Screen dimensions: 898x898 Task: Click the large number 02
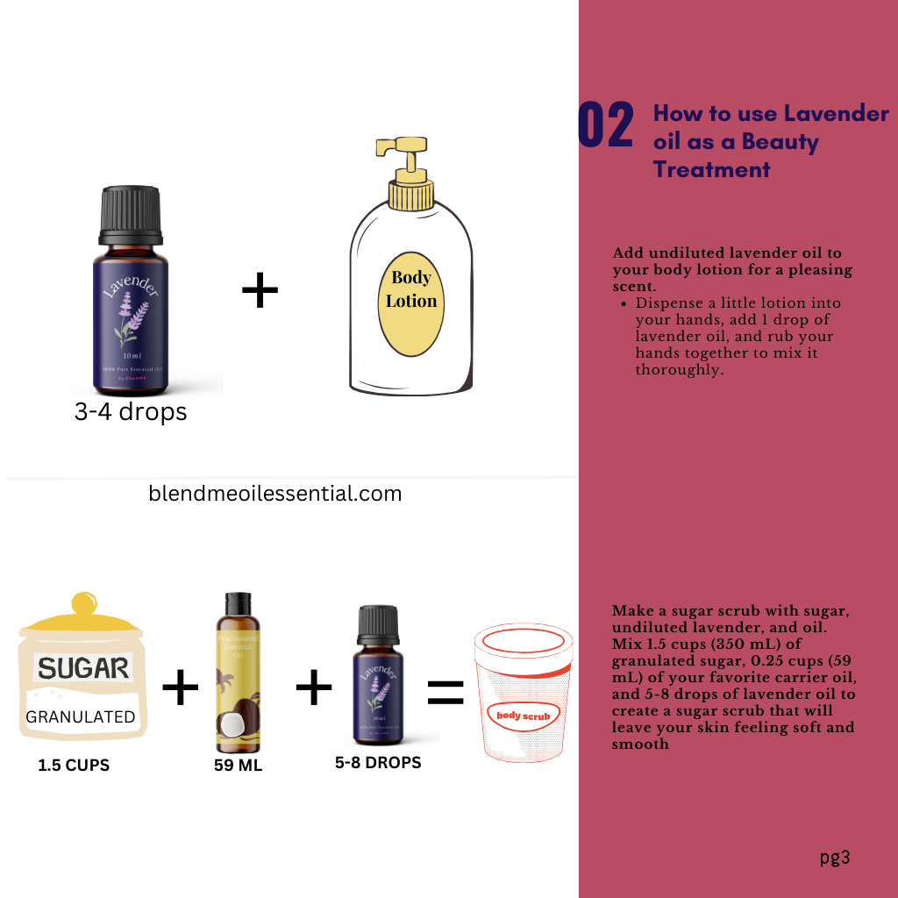605,125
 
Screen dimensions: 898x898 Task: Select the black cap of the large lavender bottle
130,215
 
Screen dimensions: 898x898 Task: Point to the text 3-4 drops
131,411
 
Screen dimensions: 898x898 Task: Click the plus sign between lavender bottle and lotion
260,290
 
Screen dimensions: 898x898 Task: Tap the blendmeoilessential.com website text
275,494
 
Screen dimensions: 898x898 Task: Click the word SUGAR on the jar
83,669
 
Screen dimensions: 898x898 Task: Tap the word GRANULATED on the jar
81,716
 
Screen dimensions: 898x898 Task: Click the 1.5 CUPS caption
74,765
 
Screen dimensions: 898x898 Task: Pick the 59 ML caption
238,765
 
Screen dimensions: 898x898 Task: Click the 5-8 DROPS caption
378,763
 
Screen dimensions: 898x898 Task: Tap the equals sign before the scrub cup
445,692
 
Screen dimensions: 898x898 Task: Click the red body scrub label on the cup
524,716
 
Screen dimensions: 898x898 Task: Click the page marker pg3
835,858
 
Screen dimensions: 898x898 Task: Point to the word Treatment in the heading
711,169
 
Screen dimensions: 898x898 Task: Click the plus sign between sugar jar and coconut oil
181,688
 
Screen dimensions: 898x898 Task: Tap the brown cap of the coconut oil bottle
238,602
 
